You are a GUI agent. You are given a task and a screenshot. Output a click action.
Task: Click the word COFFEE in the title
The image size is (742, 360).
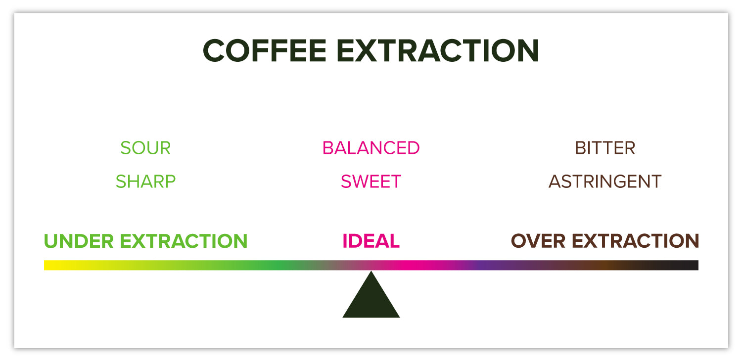(x=265, y=50)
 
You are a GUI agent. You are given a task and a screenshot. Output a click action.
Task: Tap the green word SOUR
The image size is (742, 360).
(x=145, y=148)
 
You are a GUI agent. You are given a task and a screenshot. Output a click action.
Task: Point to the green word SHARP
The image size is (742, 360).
(x=145, y=181)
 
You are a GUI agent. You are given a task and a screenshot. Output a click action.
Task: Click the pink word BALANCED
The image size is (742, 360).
(x=371, y=148)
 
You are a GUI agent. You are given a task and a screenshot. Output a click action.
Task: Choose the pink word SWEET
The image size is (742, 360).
(x=371, y=181)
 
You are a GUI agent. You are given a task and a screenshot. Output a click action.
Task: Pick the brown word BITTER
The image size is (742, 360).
(x=605, y=148)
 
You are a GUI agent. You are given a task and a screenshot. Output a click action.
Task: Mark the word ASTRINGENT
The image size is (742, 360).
(x=605, y=181)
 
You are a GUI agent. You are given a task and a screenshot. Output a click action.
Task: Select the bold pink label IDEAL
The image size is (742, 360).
(x=371, y=241)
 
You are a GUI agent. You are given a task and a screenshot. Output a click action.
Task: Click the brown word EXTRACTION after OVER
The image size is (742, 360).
(x=635, y=241)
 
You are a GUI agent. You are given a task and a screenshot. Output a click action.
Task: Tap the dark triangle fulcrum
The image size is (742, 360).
(x=371, y=299)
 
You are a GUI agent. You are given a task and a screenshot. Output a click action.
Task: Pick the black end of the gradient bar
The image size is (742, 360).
(x=694, y=265)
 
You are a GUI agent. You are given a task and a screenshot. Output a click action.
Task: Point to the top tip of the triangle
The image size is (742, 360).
(x=371, y=272)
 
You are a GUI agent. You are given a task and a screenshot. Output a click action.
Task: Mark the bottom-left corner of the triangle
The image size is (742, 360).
(x=344, y=316)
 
